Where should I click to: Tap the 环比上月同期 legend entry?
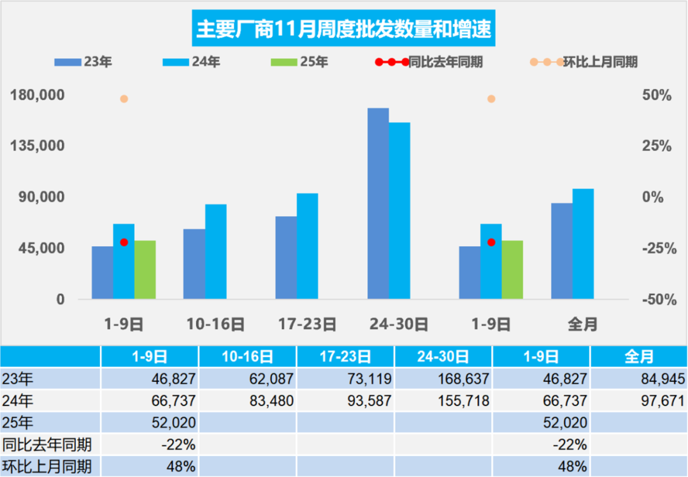click(x=584, y=62)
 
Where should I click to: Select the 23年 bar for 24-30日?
click(x=378, y=203)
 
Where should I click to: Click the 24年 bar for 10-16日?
click(x=216, y=251)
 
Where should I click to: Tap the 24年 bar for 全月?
click(x=583, y=244)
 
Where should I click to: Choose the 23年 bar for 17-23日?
click(x=286, y=258)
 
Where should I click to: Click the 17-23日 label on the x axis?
click(x=307, y=324)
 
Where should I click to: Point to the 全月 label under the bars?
click(x=583, y=324)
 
